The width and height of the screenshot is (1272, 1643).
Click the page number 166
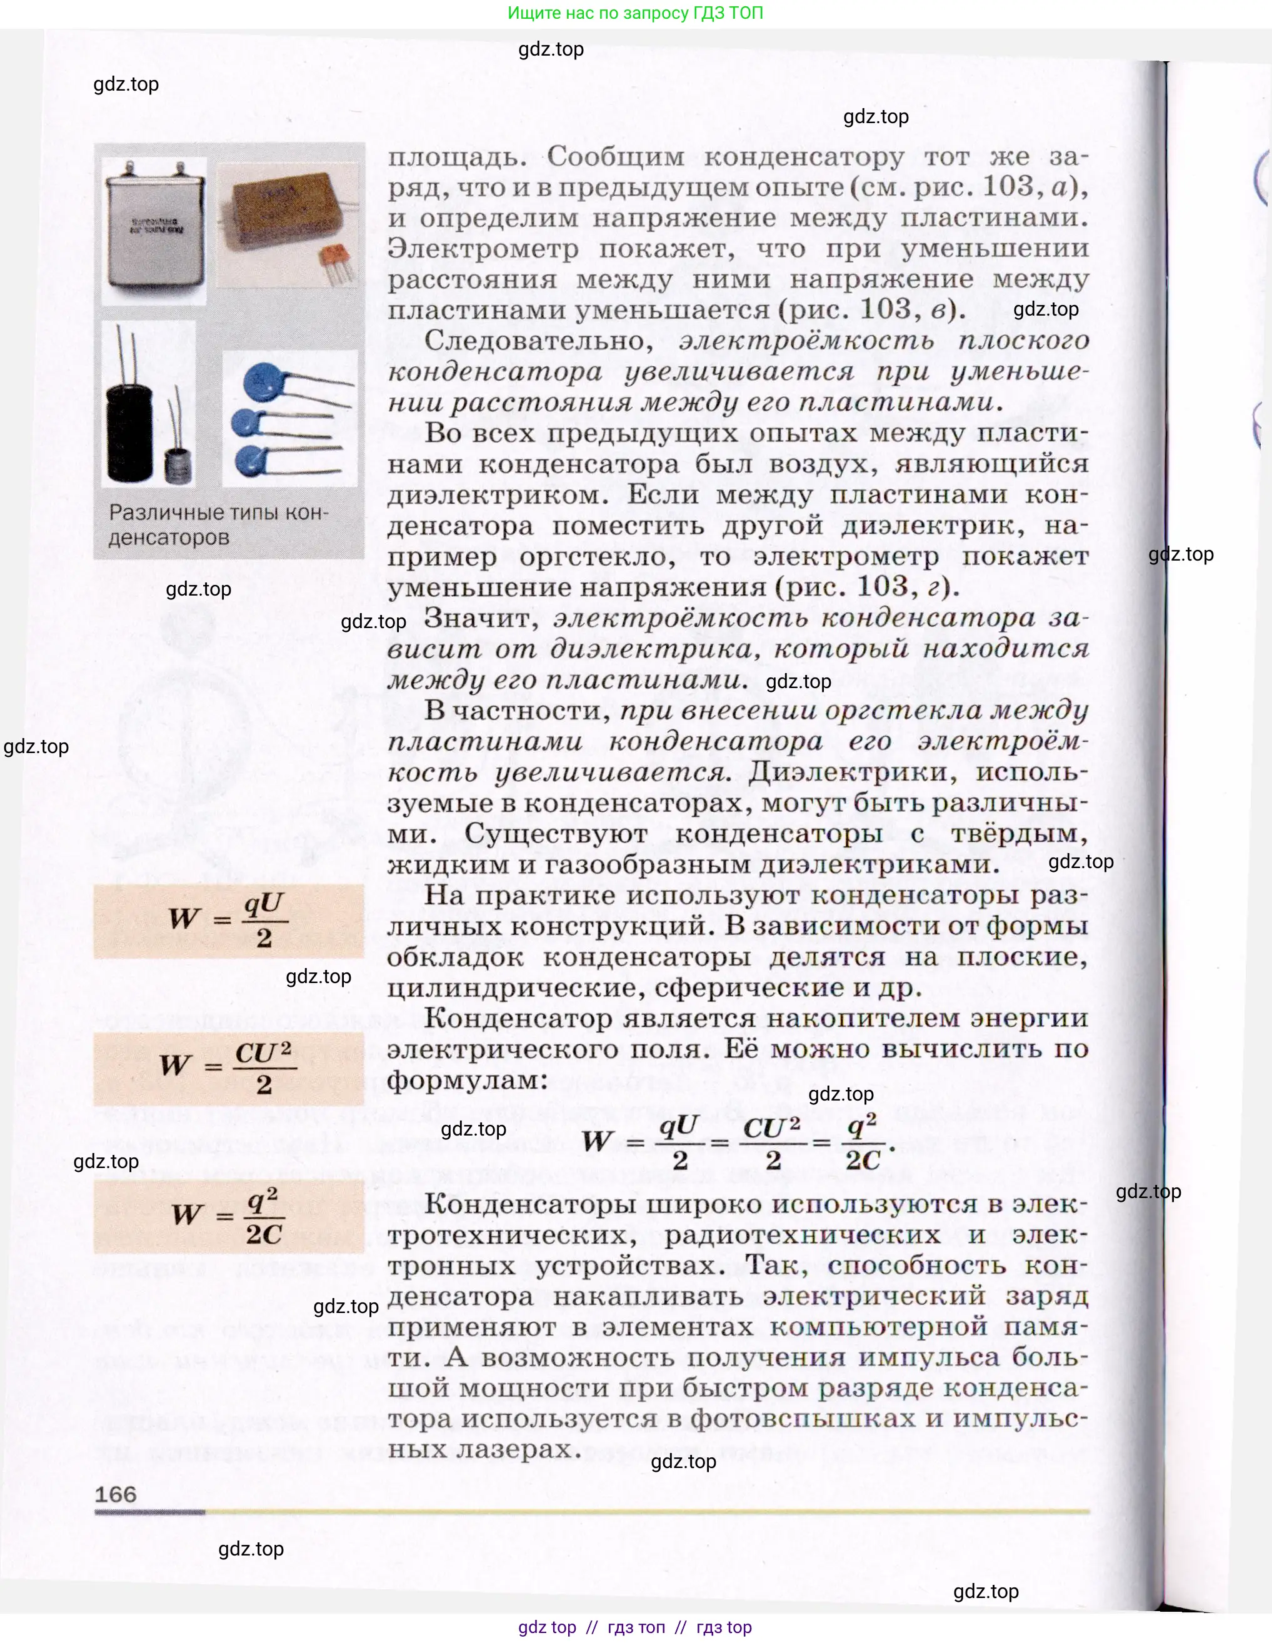point(116,1493)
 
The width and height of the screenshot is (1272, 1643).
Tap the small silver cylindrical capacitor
point(178,462)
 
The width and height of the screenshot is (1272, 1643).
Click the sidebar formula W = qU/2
point(228,920)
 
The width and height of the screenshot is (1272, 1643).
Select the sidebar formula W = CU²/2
point(228,1067)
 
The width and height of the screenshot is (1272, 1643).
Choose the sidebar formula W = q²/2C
point(228,1215)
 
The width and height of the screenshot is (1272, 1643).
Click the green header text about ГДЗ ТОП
point(636,12)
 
